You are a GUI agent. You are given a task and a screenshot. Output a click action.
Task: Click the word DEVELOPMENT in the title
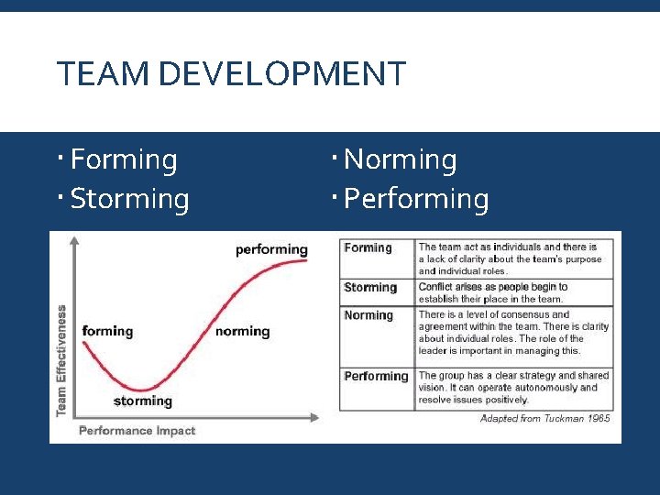point(281,73)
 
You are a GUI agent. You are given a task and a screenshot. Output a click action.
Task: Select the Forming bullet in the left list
point(123,159)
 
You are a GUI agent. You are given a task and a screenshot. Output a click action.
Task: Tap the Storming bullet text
point(129,199)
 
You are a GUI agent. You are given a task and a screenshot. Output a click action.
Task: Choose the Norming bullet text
point(400,159)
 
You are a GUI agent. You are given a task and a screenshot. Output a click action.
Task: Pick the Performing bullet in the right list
point(416,199)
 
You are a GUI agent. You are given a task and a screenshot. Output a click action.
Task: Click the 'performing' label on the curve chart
point(271,249)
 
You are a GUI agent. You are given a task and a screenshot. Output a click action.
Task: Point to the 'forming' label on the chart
point(107,331)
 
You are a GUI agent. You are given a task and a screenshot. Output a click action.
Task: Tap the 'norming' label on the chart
point(242,331)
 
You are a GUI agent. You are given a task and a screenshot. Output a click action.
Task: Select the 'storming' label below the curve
point(142,401)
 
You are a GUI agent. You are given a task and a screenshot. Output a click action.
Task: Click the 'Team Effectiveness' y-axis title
point(61,360)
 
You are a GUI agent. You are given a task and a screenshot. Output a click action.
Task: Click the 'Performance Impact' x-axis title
point(137,430)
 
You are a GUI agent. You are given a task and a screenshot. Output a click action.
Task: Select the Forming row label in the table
point(368,247)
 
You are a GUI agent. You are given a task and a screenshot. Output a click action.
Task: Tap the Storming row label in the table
point(370,287)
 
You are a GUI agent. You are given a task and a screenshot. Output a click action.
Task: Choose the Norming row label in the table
point(368,315)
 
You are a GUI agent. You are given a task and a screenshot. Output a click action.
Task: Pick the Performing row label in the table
point(376,376)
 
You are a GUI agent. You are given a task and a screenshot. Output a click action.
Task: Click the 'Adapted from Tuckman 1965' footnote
point(545,418)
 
